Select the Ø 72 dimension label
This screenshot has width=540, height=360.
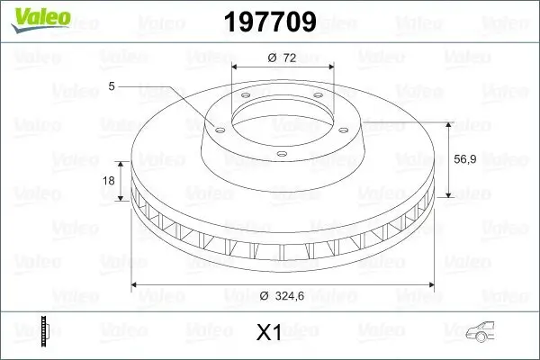(x=283, y=57)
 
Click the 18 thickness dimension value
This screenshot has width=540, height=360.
(x=110, y=181)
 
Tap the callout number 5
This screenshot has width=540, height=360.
(x=111, y=86)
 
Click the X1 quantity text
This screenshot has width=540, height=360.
(x=270, y=334)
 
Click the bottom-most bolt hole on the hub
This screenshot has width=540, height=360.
(x=281, y=155)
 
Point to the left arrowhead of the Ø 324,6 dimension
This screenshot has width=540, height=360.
(x=136, y=285)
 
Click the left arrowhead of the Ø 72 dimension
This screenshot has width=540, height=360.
(x=236, y=68)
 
